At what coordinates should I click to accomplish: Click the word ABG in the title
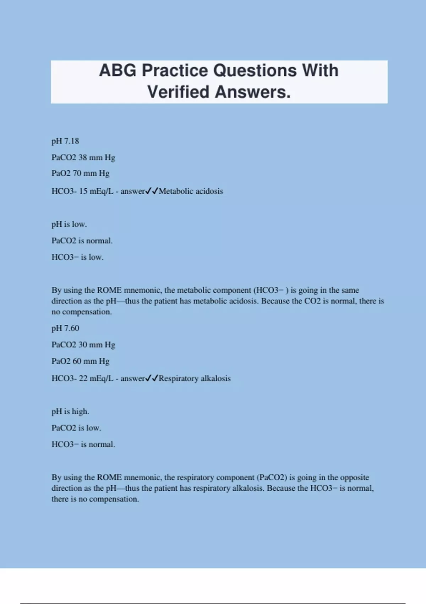118,70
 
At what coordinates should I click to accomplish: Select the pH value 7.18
72,141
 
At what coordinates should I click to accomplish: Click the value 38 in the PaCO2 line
82,157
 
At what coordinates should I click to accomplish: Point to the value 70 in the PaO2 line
77,173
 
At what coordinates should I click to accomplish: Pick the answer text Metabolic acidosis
191,191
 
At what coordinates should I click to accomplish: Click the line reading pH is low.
69,224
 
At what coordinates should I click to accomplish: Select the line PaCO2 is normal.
82,241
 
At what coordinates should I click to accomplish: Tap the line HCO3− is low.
78,257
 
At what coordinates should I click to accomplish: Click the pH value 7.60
72,328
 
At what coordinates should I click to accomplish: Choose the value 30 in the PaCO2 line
82,345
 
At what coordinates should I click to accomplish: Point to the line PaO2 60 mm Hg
81,361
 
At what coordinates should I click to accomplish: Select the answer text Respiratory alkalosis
195,378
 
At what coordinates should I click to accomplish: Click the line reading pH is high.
70,411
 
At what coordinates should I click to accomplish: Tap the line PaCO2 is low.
76,428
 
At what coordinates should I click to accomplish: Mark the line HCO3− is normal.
83,444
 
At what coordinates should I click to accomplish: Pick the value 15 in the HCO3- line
83,191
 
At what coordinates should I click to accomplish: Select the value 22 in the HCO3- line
83,378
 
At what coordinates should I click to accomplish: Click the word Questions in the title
255,70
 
